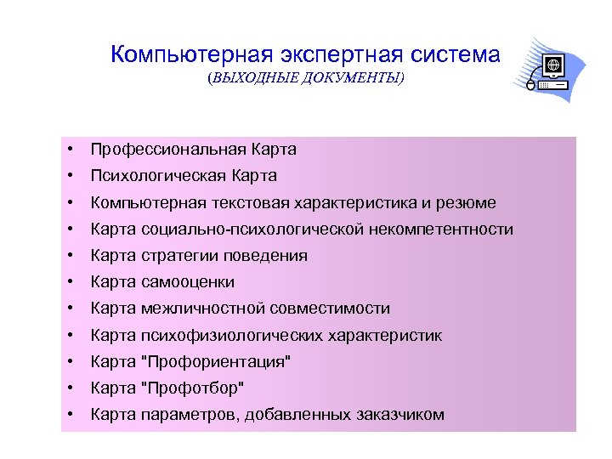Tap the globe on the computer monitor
coord(553,65)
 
